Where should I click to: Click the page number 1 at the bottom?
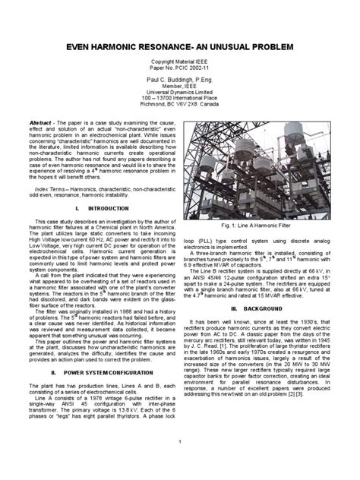click(180, 463)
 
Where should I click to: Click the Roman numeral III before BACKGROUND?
click(235, 309)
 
